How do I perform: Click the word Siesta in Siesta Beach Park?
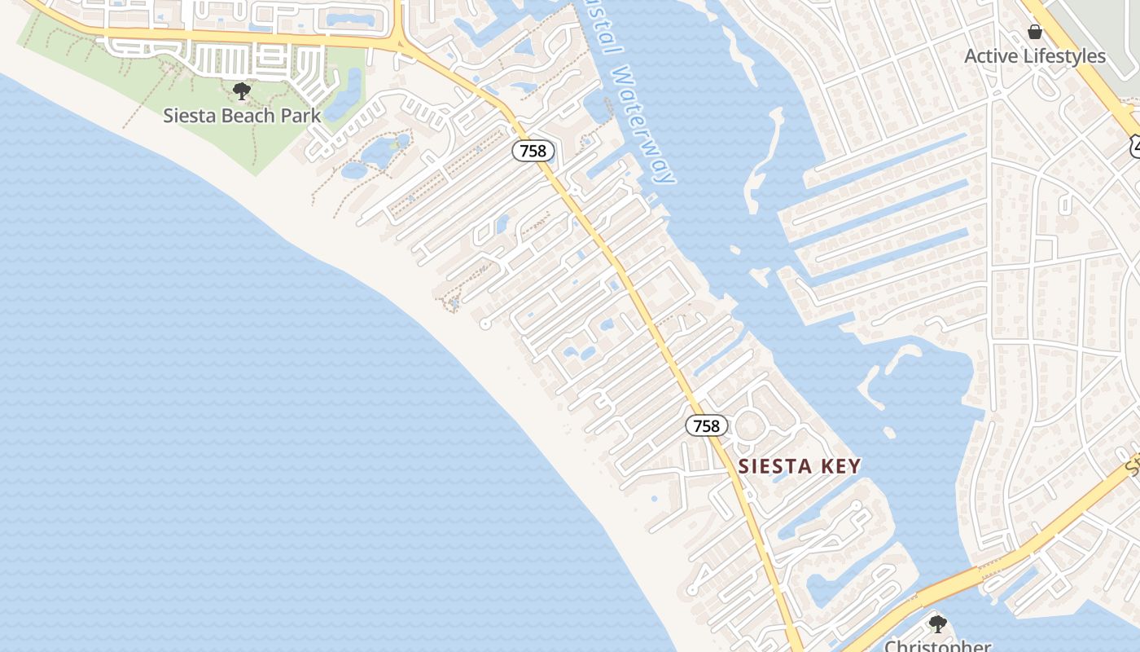pyautogui.click(x=190, y=115)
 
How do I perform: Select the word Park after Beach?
pyautogui.click(x=301, y=115)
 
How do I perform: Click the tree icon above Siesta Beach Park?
pyautogui.click(x=241, y=90)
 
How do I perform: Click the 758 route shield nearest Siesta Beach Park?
pyautogui.click(x=533, y=150)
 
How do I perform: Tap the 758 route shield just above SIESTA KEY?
pyautogui.click(x=706, y=425)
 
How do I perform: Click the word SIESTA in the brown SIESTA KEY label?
pyautogui.click(x=776, y=466)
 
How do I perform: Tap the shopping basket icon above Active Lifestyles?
pyautogui.click(x=1035, y=33)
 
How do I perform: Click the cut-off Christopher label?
pyautogui.click(x=937, y=645)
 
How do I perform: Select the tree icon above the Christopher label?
pyautogui.click(x=937, y=624)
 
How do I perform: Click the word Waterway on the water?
pyautogui.click(x=643, y=126)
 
